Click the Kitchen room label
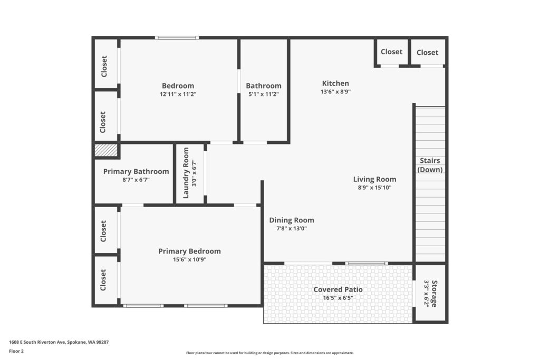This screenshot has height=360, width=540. pyautogui.click(x=335, y=83)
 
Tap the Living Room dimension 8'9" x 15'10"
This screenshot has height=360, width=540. pyautogui.click(x=375, y=188)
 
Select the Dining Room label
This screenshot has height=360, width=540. pyautogui.click(x=292, y=220)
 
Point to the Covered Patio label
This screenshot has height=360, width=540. pyautogui.click(x=338, y=289)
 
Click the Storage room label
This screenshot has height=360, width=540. pyautogui.click(x=435, y=294)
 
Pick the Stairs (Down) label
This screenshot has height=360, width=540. pyautogui.click(x=430, y=165)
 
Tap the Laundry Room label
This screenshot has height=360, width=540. pyautogui.click(x=186, y=173)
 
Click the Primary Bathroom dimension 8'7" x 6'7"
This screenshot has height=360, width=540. pyautogui.click(x=136, y=180)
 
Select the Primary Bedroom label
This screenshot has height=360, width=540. pyautogui.click(x=189, y=251)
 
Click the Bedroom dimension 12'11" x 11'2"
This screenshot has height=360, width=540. pyautogui.click(x=178, y=94)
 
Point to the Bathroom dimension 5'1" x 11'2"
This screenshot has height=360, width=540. pyautogui.click(x=264, y=94)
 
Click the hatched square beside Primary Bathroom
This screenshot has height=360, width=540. pyautogui.click(x=106, y=150)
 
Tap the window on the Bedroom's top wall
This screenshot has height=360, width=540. pyautogui.click(x=177, y=37)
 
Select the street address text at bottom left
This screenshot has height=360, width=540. pyautogui.click(x=59, y=342)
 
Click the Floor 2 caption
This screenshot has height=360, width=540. pyautogui.click(x=16, y=351)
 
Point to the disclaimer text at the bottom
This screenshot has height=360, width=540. pyautogui.click(x=270, y=353)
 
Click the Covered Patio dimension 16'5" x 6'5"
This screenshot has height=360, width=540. pyautogui.click(x=338, y=298)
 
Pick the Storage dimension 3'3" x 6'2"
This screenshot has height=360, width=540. pyautogui.click(x=426, y=294)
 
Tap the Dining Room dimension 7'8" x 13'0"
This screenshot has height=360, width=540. pyautogui.click(x=292, y=229)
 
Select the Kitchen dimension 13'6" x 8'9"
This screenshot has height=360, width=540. pyautogui.click(x=335, y=92)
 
